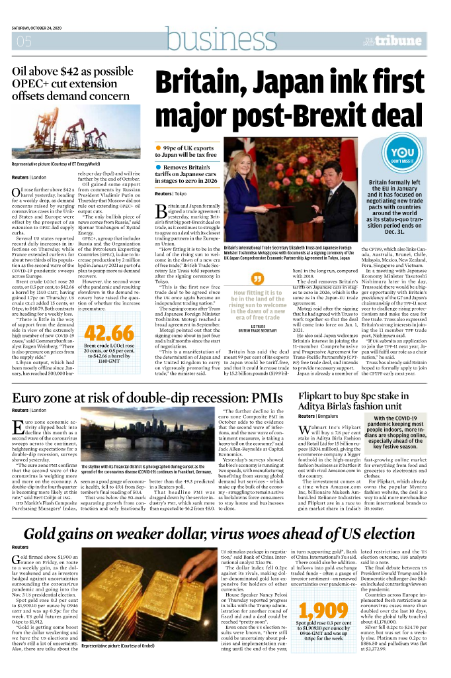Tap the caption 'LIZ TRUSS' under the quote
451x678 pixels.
259,326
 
